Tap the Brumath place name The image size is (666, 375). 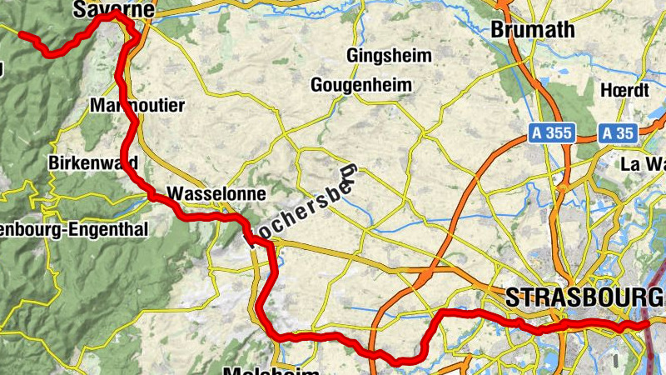534,29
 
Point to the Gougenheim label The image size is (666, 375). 360,85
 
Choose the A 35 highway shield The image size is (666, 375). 618,132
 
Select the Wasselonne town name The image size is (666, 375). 216,194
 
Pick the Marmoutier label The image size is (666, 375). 137,105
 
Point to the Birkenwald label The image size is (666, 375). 92,162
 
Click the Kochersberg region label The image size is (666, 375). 303,205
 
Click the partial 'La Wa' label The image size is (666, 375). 643,163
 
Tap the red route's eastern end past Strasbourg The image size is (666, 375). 654,323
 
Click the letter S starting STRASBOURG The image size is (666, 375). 512,297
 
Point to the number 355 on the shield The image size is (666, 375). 559,132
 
